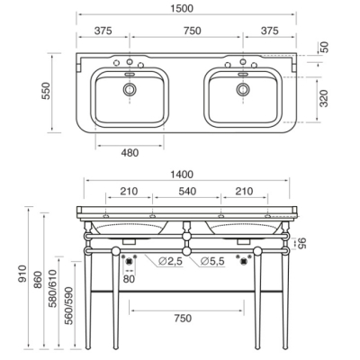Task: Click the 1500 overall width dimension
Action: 182,8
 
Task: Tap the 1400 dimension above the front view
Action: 182,175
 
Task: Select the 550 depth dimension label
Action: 47,91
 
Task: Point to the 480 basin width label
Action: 130,153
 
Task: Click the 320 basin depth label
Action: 324,98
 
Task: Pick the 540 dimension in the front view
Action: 187,191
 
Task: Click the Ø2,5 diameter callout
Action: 170,261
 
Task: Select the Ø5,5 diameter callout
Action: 212,261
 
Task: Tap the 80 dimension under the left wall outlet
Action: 129,279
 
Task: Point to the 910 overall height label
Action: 23,274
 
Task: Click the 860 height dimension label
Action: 38,280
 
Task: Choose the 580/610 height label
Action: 53,288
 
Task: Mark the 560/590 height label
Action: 68,306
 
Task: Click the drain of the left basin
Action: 130,89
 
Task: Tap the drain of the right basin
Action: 243,89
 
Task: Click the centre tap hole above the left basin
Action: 130,62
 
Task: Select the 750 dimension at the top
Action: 193,31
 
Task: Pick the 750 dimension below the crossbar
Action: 183,318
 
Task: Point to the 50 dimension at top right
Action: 325,47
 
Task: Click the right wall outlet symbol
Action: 243,261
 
